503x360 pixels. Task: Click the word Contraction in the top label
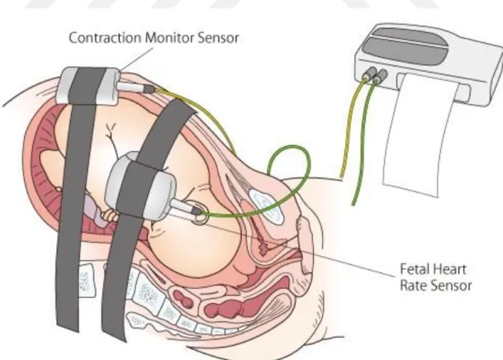click(105, 38)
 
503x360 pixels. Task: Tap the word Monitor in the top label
click(169, 38)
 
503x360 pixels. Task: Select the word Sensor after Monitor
click(218, 38)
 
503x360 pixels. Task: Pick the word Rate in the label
click(414, 285)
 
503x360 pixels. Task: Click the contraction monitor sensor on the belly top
click(88, 86)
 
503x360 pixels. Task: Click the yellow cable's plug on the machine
click(369, 73)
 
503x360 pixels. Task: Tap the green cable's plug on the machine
click(380, 76)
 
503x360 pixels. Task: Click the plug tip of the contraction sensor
click(149, 89)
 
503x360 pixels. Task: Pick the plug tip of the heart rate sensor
click(197, 211)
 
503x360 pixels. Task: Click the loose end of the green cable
click(354, 203)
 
